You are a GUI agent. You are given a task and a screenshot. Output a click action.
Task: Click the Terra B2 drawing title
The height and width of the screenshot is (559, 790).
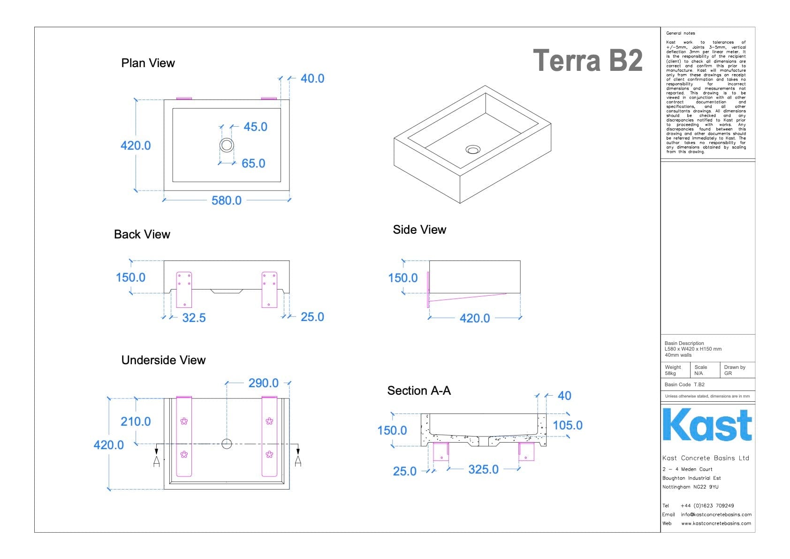tap(587, 61)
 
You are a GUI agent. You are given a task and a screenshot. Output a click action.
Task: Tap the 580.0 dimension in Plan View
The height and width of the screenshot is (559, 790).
tap(226, 200)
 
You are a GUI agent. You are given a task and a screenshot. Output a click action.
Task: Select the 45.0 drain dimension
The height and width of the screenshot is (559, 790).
tap(255, 127)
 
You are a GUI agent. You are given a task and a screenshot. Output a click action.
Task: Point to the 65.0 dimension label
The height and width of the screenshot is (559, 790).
tap(253, 163)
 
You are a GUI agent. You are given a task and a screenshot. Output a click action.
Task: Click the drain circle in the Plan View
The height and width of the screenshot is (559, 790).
tap(227, 145)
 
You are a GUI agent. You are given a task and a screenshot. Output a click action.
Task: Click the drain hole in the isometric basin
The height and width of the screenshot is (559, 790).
tap(472, 150)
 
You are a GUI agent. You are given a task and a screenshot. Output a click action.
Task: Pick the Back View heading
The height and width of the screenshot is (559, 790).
tap(142, 234)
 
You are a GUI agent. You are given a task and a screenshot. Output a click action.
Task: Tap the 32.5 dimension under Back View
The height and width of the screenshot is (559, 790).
tap(194, 318)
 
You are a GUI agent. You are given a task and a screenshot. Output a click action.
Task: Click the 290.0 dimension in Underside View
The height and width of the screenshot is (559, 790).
tap(263, 383)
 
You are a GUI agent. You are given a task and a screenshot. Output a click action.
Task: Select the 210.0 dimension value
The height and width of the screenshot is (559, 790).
tap(136, 421)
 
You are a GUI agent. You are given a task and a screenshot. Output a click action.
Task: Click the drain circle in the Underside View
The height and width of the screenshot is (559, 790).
tap(227, 444)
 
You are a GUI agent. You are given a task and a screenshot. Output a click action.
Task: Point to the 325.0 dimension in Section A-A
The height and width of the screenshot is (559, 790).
tap(483, 469)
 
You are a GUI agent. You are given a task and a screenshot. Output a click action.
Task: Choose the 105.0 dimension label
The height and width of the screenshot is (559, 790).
tap(567, 425)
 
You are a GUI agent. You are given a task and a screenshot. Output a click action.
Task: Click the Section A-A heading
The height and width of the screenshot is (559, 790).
tap(418, 391)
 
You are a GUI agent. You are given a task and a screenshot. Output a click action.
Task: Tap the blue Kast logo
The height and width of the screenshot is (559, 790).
tap(707, 425)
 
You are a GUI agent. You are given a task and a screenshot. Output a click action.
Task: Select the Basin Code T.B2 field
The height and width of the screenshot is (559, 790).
tap(684, 384)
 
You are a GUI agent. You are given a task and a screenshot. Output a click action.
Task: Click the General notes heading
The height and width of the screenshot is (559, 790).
tap(680, 33)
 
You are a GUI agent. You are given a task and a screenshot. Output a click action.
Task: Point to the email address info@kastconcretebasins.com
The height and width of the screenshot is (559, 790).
tap(716, 514)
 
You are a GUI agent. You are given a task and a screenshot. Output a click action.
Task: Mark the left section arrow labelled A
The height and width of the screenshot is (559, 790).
tap(157, 461)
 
